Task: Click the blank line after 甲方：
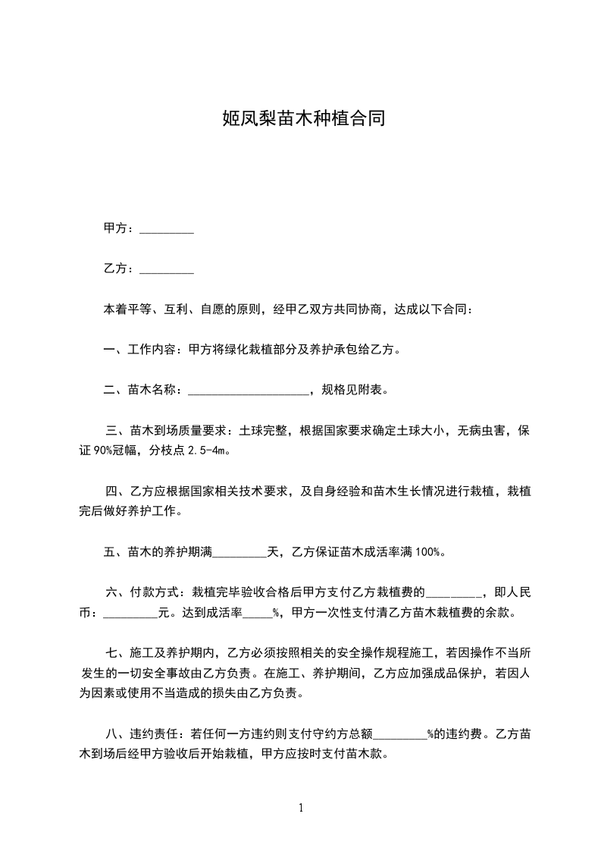point(167,229)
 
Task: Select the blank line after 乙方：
point(167,269)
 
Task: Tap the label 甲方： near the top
point(120,228)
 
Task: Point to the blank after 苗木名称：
point(248,391)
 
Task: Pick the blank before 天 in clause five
point(239,552)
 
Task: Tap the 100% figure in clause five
point(429,552)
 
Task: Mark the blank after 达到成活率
point(257,613)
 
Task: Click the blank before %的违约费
point(401,734)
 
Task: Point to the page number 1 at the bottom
point(301,808)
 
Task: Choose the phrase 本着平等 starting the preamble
point(128,309)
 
